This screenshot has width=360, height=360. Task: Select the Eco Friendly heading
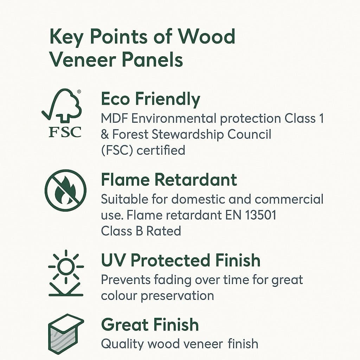tap(150, 99)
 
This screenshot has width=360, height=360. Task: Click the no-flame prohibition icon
tap(65, 190)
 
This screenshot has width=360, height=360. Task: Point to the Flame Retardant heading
tap(169, 180)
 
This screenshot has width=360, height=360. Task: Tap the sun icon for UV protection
tap(65, 267)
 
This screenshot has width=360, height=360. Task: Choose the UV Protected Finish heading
tap(180, 261)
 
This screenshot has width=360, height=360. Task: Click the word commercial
tap(289, 199)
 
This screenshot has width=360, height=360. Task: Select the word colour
tap(119, 295)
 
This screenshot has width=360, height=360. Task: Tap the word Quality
tap(121, 343)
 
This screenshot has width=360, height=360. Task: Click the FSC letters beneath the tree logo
tap(65, 132)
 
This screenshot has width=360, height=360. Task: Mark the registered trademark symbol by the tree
tap(79, 91)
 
